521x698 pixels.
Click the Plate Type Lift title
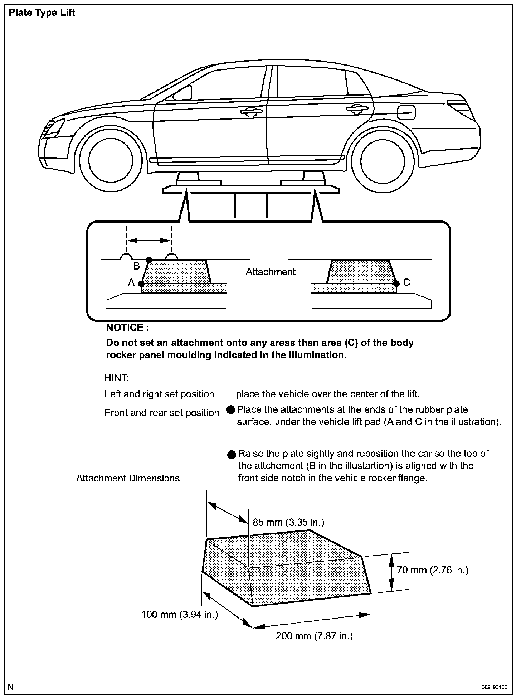click(x=42, y=13)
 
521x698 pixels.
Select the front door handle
click(x=252, y=112)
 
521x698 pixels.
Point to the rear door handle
click(x=356, y=108)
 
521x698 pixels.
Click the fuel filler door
click(x=406, y=113)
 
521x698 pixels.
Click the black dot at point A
click(x=141, y=283)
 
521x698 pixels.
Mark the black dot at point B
click(x=149, y=259)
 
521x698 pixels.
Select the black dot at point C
click(x=396, y=283)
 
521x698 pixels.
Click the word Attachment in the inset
click(x=271, y=272)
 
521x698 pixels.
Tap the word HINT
click(x=117, y=378)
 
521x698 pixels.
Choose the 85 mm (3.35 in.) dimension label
click(x=288, y=522)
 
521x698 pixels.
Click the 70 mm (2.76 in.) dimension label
click(x=432, y=570)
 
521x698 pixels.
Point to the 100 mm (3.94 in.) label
click(x=180, y=615)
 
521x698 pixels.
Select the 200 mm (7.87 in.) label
click(x=314, y=636)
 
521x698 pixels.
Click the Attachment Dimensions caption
click(x=128, y=478)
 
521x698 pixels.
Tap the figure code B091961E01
click(x=495, y=687)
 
